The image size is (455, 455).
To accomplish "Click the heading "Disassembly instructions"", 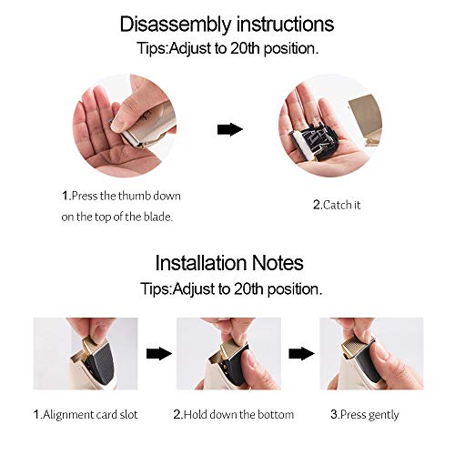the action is [227, 25].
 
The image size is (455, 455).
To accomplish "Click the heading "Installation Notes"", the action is [229, 263].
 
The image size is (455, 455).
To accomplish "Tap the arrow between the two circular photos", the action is [230, 129].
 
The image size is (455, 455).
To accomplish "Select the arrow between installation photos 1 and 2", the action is [158, 354].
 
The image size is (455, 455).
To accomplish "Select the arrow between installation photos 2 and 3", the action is [301, 354].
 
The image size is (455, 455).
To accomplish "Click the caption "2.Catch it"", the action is [337, 205].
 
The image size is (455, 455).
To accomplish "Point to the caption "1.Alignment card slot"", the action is [86, 414].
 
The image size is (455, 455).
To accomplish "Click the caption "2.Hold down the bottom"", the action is [234, 414].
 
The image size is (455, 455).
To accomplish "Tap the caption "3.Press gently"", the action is [365, 415].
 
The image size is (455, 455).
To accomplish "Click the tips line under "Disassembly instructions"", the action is [227, 48].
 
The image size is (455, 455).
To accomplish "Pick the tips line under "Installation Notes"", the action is [231, 289].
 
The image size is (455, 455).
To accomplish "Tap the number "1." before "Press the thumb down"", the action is [66, 196].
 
